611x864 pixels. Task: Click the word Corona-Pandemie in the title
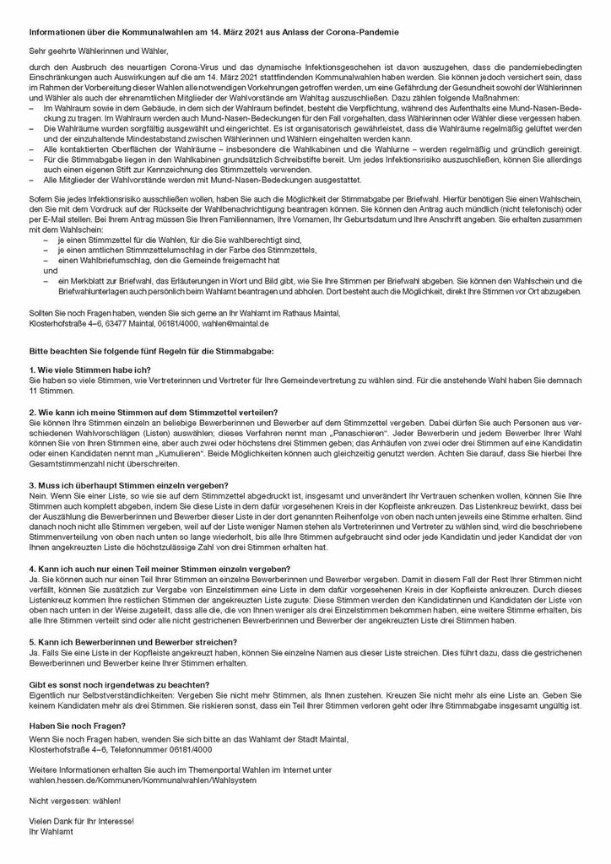pos(376,31)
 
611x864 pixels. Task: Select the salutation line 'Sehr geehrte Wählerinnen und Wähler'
pos(95,51)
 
